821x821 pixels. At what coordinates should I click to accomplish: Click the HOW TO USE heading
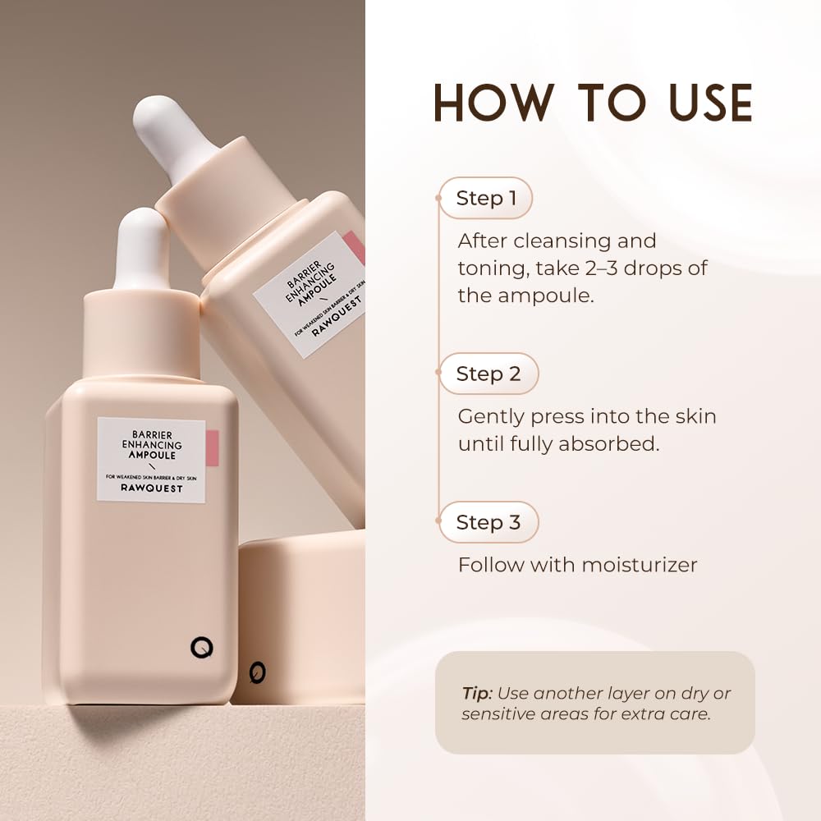click(593, 102)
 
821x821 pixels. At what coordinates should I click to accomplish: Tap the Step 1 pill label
click(486, 199)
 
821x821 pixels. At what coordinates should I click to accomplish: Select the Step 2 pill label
click(488, 374)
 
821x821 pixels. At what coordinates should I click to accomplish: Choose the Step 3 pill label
click(488, 523)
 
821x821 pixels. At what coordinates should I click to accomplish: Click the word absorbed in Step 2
click(609, 444)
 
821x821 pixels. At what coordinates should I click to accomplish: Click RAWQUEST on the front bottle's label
click(150, 488)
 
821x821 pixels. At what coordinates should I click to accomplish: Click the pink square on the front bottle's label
click(211, 447)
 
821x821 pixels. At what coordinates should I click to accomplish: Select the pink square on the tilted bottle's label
click(355, 247)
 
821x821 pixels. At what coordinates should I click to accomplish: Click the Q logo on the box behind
click(258, 672)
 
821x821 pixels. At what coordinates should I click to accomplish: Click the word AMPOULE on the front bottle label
click(151, 455)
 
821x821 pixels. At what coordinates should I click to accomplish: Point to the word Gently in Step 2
click(490, 416)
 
